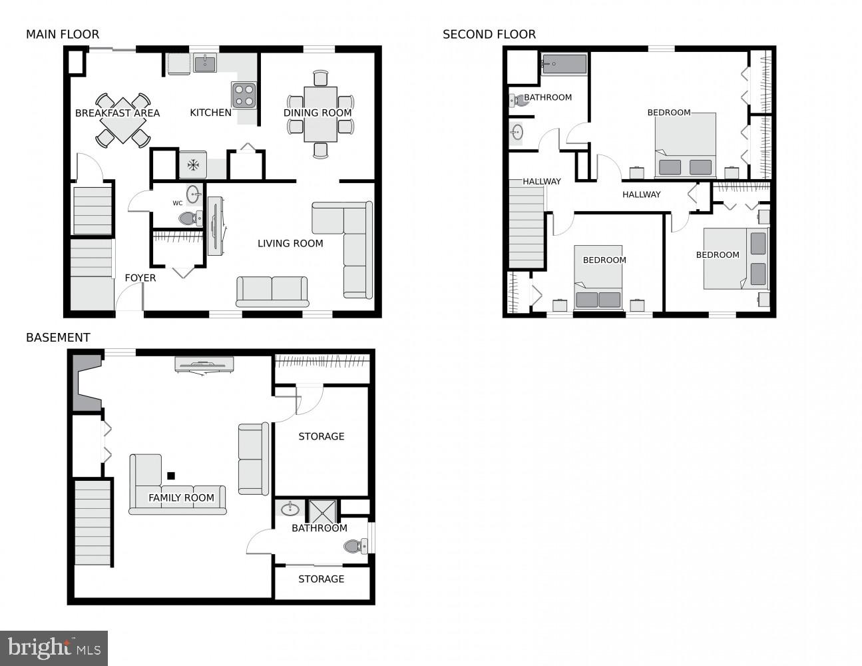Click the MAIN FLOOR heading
(x=63, y=35)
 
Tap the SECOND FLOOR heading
(x=489, y=35)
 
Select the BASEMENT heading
(x=58, y=338)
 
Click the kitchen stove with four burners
(x=244, y=95)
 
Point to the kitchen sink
(x=205, y=64)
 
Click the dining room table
(x=320, y=114)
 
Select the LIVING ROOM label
(x=290, y=244)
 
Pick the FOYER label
(x=140, y=278)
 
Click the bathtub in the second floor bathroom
(x=564, y=65)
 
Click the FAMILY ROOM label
(x=181, y=498)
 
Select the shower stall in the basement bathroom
(x=323, y=511)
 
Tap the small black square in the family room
(x=171, y=476)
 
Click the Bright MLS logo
(x=54, y=648)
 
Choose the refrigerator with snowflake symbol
(x=192, y=165)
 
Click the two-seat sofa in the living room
(x=272, y=291)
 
